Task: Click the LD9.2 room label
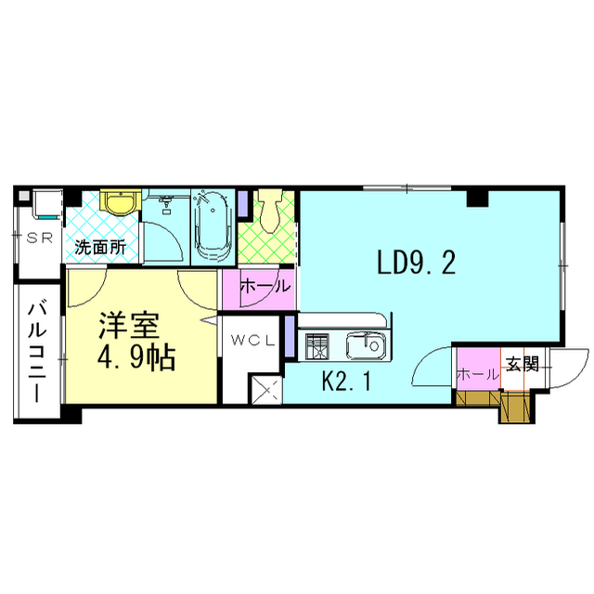[x=416, y=265]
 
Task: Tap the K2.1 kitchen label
[x=346, y=381]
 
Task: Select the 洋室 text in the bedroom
[x=130, y=328]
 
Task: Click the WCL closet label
[x=252, y=340]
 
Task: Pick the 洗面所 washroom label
[x=100, y=248]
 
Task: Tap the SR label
[x=38, y=238]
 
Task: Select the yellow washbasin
[x=119, y=202]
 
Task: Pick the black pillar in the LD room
[x=477, y=198]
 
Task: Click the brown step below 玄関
[x=512, y=407]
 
